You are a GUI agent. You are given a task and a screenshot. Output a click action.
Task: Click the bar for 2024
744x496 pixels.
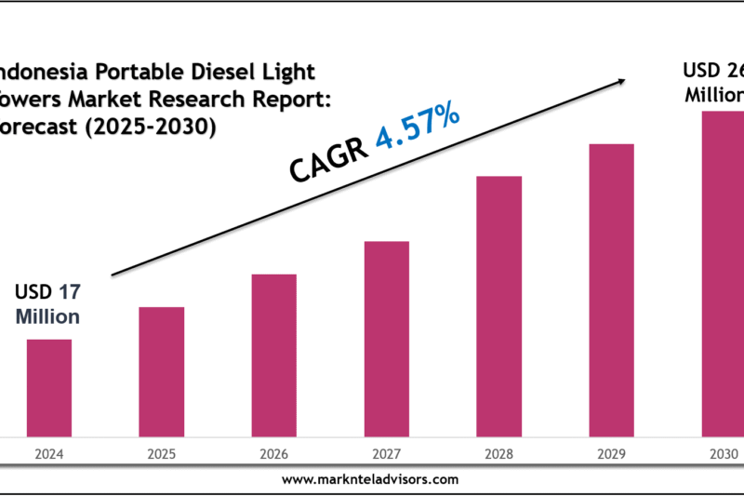click(48, 387)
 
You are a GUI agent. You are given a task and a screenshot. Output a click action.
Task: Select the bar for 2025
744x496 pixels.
click(162, 371)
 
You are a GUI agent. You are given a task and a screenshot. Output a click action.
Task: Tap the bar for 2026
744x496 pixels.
click(273, 355)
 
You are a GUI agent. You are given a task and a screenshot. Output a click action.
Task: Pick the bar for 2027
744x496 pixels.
click(387, 338)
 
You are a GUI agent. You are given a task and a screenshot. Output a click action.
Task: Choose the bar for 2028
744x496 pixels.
click(499, 305)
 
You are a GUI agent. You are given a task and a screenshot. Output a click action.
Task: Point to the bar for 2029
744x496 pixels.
click(612, 289)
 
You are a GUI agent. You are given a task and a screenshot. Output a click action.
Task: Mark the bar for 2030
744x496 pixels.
click(723, 273)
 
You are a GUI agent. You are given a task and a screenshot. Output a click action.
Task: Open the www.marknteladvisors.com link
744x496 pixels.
click(369, 479)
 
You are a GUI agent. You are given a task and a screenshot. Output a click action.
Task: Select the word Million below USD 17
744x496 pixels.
click(47, 316)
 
